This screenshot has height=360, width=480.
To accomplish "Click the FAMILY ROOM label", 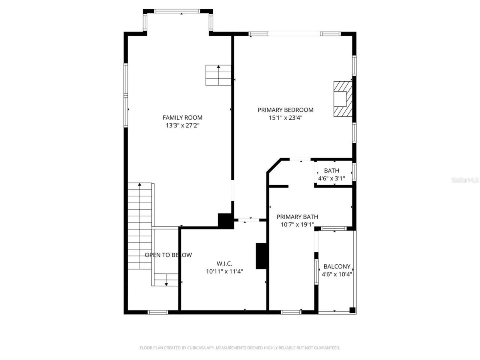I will click(x=182, y=118).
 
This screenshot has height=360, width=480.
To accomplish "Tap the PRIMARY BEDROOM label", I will click(x=285, y=110).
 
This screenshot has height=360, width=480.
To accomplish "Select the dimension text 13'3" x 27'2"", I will click(x=182, y=126).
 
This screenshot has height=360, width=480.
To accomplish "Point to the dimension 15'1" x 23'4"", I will click(x=285, y=118).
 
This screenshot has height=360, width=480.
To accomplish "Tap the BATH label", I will click(x=331, y=171).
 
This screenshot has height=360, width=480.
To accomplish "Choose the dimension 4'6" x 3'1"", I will click(x=331, y=179).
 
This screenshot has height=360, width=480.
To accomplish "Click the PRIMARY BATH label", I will click(x=297, y=217).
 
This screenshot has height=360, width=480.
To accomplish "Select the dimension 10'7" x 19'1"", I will click(x=297, y=225).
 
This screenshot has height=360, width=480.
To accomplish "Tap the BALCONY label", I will click(x=337, y=267).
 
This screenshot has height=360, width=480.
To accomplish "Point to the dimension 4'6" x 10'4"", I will click(x=337, y=274).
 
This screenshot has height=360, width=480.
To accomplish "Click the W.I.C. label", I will click(x=224, y=263).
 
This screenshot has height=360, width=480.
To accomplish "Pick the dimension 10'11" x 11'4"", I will click(x=224, y=271).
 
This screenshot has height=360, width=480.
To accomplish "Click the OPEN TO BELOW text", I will click(x=168, y=255).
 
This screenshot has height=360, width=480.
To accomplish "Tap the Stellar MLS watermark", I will click(x=465, y=180).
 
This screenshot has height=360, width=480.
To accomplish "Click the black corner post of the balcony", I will click(x=352, y=310).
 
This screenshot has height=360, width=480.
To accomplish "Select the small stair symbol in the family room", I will click(x=218, y=75).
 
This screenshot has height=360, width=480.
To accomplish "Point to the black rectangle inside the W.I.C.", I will click(x=261, y=256).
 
